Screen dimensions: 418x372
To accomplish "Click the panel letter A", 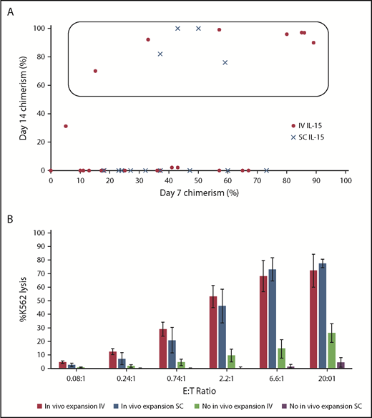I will pyautogui.click(x=9, y=10).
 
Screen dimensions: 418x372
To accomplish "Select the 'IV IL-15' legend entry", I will pyautogui.click(x=311, y=125).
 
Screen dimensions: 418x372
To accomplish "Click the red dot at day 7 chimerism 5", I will pyautogui.click(x=66, y=126).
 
